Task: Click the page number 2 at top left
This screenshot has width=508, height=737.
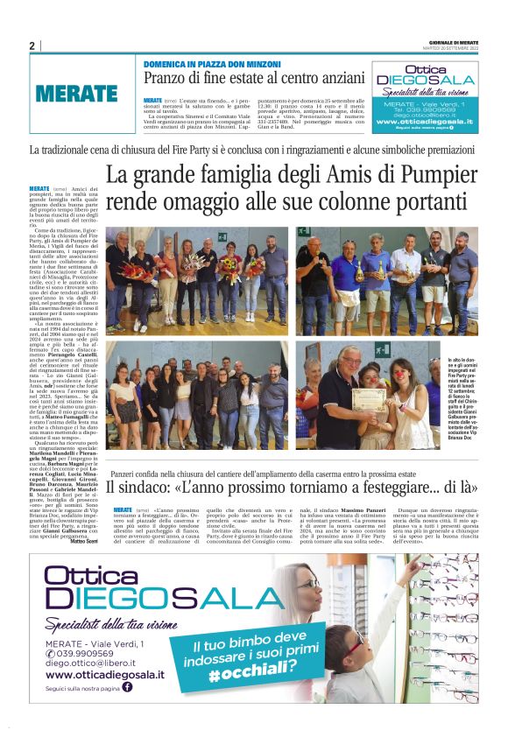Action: [32, 46]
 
